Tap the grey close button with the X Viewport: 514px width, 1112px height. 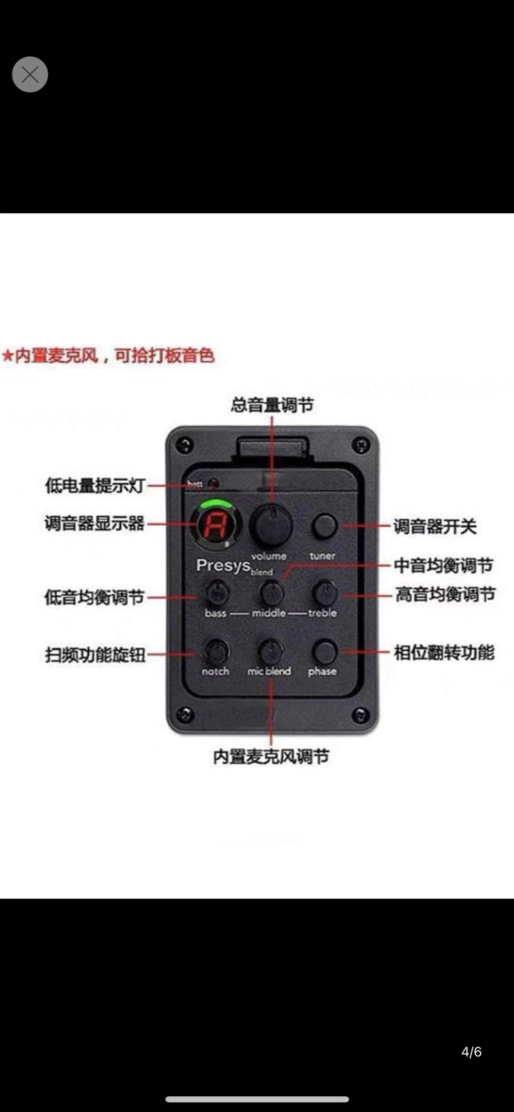pyautogui.click(x=30, y=74)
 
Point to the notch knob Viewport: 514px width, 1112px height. pyautogui.click(x=216, y=651)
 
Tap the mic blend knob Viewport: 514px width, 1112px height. pyautogui.click(x=271, y=651)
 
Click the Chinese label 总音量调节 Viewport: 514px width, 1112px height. pyautogui.click(x=272, y=405)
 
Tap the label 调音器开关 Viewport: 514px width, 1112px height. pyautogui.click(x=434, y=526)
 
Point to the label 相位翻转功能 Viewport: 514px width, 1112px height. pyautogui.click(x=444, y=652)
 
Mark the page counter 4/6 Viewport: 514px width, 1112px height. pyautogui.click(x=471, y=1052)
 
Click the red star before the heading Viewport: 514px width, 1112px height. pyautogui.click(x=7, y=356)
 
